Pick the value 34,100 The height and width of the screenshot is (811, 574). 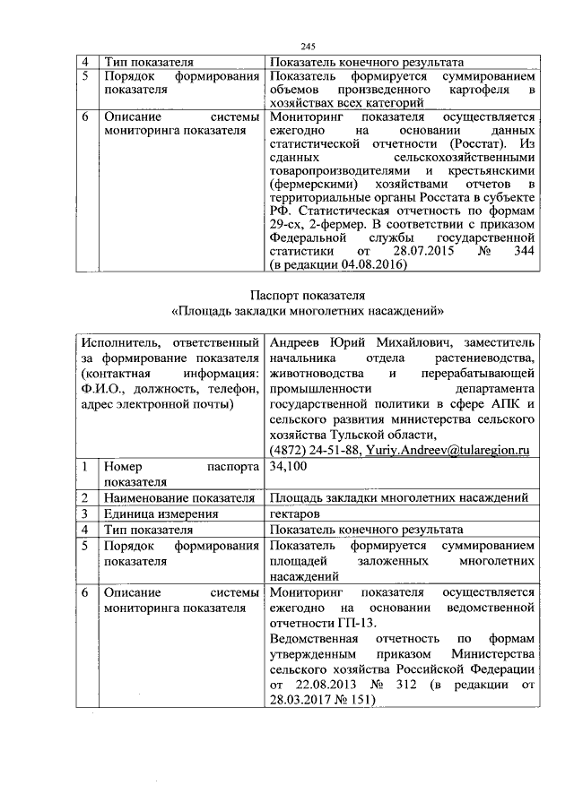pyautogui.click(x=288, y=467)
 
